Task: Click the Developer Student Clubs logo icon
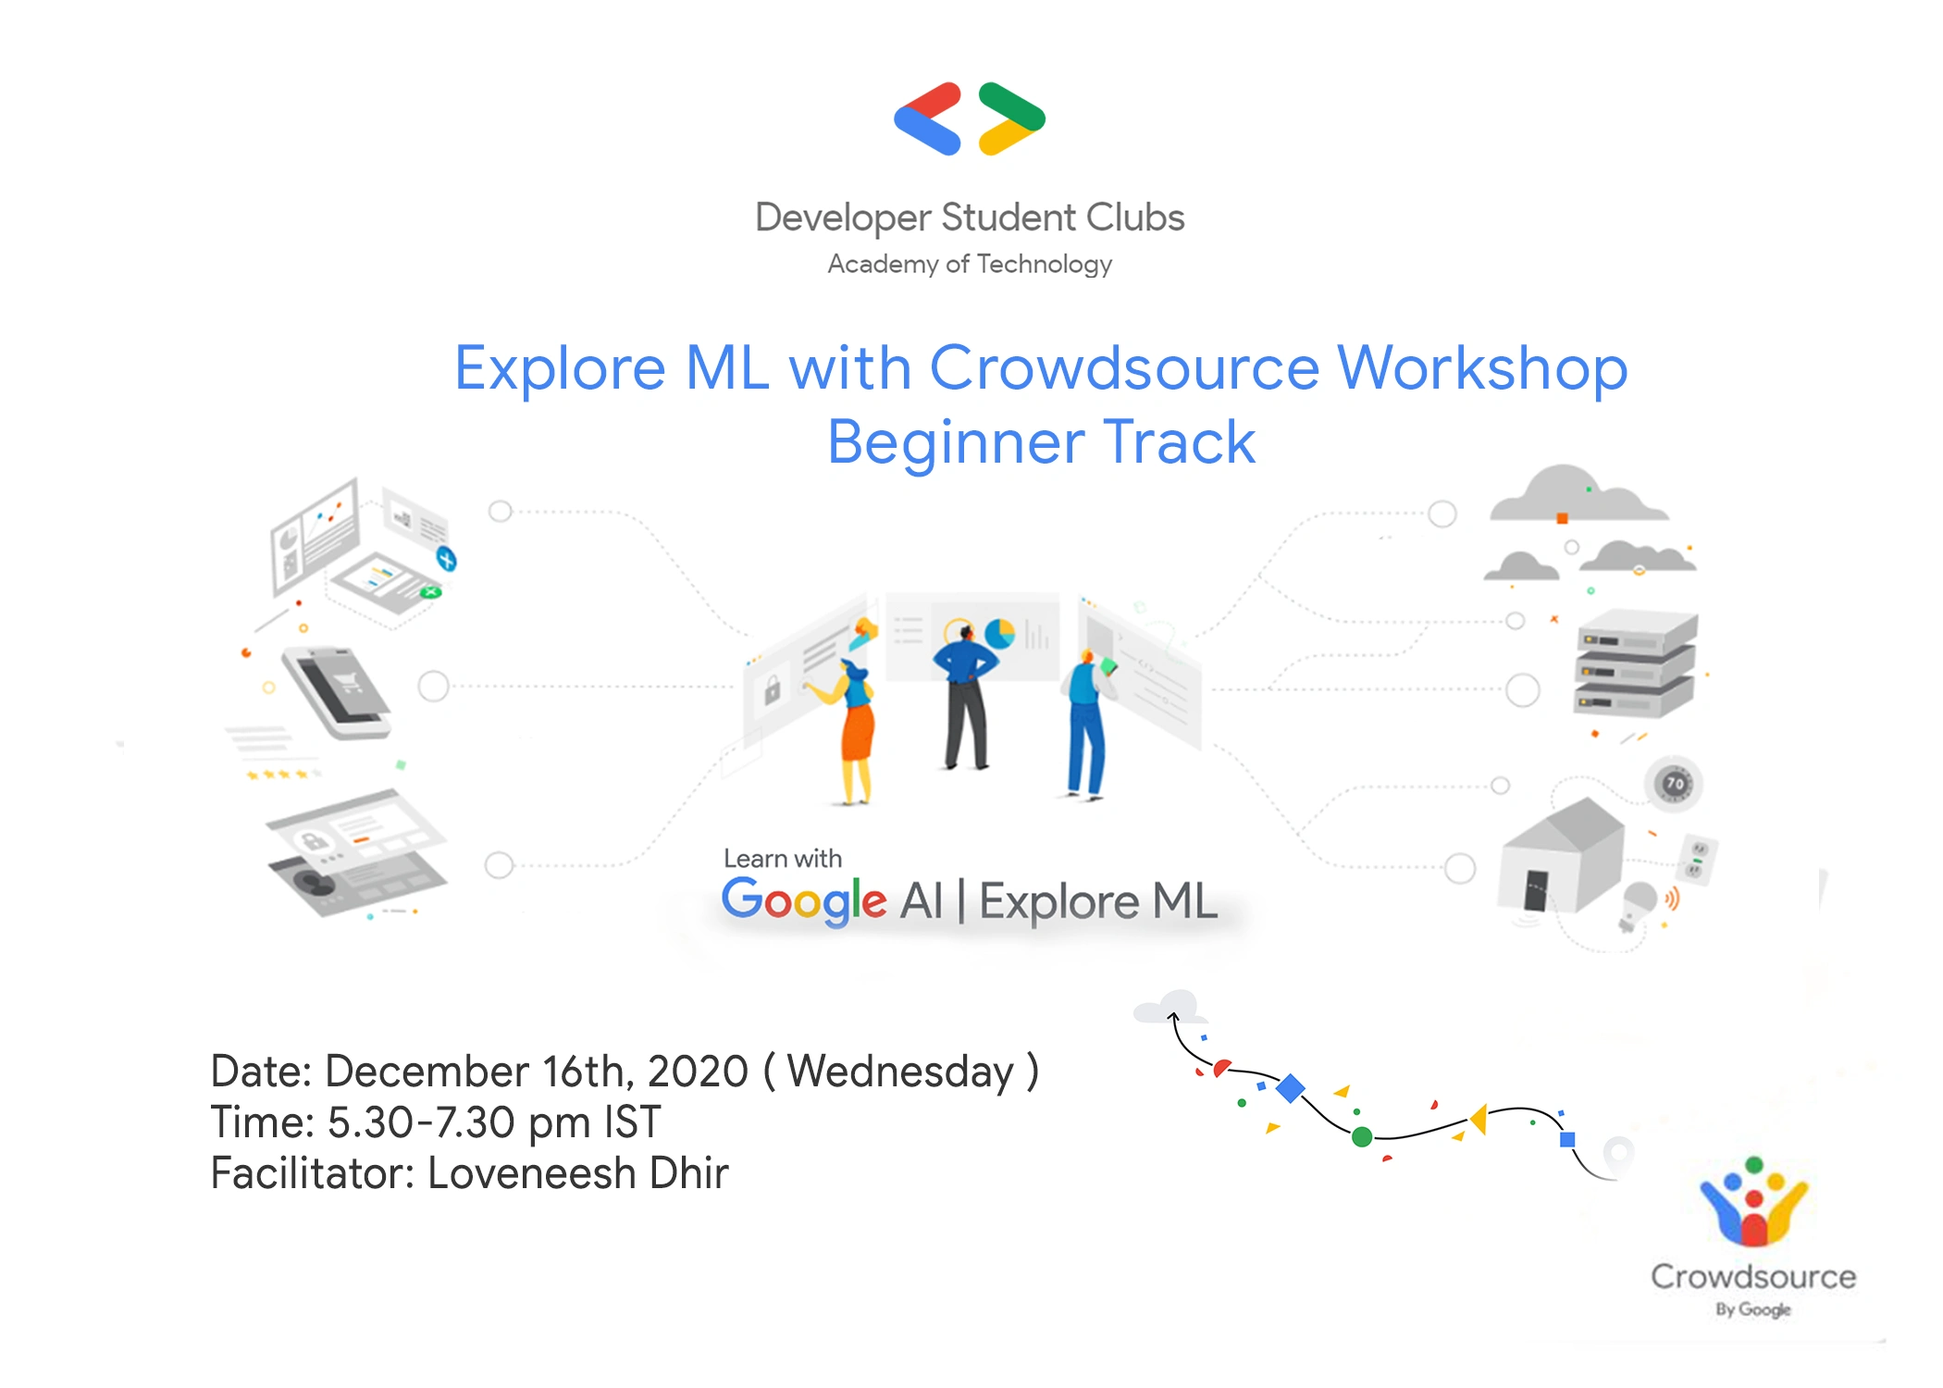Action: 970,118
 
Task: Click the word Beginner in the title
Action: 955,442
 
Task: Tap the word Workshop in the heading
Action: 1482,367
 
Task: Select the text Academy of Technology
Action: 970,265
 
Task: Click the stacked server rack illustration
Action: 1636,663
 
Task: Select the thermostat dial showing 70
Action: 1675,784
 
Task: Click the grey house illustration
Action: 1562,855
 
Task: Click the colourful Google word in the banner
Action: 803,900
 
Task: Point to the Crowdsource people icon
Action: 1753,1201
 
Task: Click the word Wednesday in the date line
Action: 900,1072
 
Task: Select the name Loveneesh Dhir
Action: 577,1173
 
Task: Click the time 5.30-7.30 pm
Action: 459,1122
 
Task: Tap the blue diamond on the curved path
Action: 1290,1088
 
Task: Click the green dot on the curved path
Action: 1362,1136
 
